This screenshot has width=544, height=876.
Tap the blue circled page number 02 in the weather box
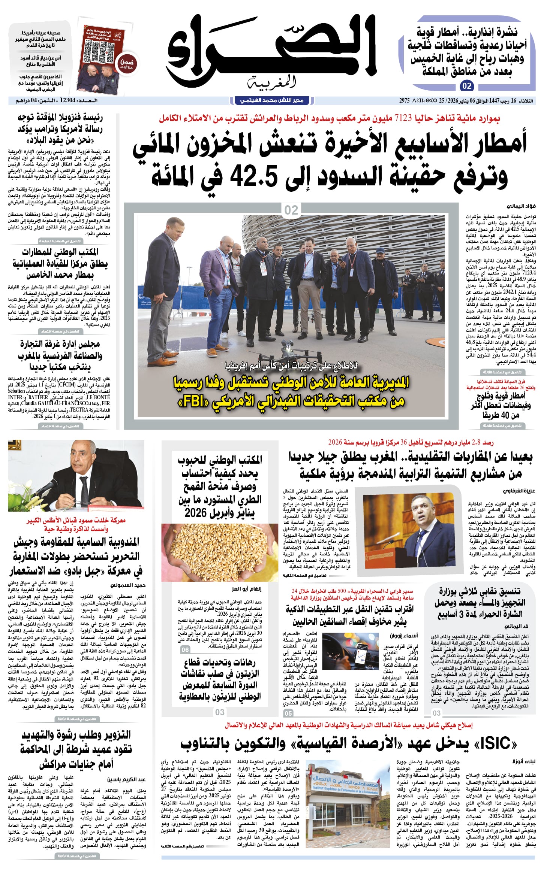click(x=466, y=86)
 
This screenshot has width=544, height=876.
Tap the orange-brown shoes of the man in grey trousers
click(x=165, y=360)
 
